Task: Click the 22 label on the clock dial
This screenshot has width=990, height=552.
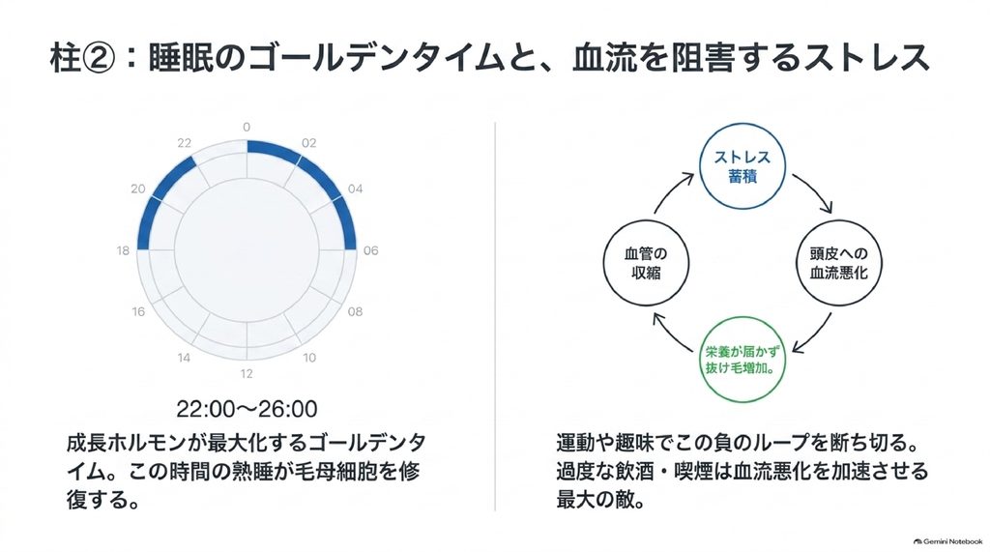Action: point(184,143)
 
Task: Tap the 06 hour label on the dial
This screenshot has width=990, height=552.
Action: point(370,250)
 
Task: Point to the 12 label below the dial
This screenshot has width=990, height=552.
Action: point(247,373)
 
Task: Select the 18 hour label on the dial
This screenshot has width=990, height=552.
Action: point(123,250)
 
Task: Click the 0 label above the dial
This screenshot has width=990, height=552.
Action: point(247,127)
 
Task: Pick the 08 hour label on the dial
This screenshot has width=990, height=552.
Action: point(355,311)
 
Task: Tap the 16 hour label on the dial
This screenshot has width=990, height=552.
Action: point(138,311)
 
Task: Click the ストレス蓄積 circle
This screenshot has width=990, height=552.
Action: point(742,166)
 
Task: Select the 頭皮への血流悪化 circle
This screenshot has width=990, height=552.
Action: point(838,263)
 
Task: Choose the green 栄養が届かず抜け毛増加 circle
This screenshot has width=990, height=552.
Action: point(742,360)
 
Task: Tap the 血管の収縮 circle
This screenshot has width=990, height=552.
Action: point(646,263)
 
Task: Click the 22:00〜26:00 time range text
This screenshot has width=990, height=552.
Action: point(247,409)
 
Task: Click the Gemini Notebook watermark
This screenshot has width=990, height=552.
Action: point(947,541)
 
